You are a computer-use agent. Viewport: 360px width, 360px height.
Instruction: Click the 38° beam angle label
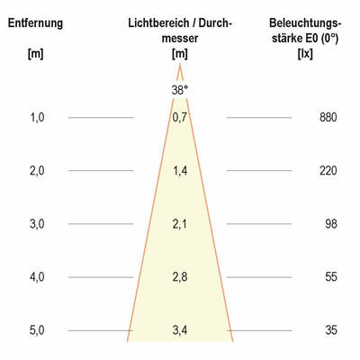tap(180, 89)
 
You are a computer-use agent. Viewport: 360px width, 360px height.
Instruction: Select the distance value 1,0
tap(37, 118)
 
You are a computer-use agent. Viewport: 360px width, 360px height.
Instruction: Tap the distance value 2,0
tap(37, 171)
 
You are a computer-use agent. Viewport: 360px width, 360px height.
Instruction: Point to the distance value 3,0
tap(37, 224)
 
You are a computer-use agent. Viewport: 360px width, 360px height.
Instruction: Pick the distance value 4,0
tap(37, 277)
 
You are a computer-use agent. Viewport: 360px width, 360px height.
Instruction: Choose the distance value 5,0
tap(37, 330)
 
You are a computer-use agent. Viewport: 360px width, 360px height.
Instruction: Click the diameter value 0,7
tap(180, 118)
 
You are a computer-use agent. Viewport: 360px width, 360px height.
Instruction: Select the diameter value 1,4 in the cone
tap(180, 171)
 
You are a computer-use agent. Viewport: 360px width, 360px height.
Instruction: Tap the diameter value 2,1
tap(180, 224)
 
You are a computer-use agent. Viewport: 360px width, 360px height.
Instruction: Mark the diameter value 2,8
tap(180, 277)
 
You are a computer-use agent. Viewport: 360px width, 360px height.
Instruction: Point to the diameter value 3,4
tap(180, 330)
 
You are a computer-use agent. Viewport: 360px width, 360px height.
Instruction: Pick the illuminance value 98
tap(330, 224)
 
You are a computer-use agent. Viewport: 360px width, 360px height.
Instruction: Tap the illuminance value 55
tap(330, 277)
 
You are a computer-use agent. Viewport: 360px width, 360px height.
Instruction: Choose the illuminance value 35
tap(330, 330)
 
